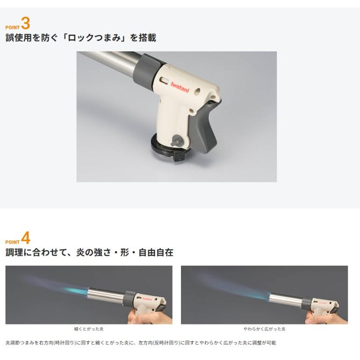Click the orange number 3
[x=26, y=23]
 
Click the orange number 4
[x=26, y=238]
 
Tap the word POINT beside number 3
[x=13, y=28]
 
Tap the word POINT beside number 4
[x=13, y=242]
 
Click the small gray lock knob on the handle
[x=177, y=141]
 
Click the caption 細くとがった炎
[x=89, y=329]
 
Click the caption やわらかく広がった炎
[x=264, y=329]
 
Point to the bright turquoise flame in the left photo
[x=75, y=291]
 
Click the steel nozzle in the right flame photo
[x=285, y=300]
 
